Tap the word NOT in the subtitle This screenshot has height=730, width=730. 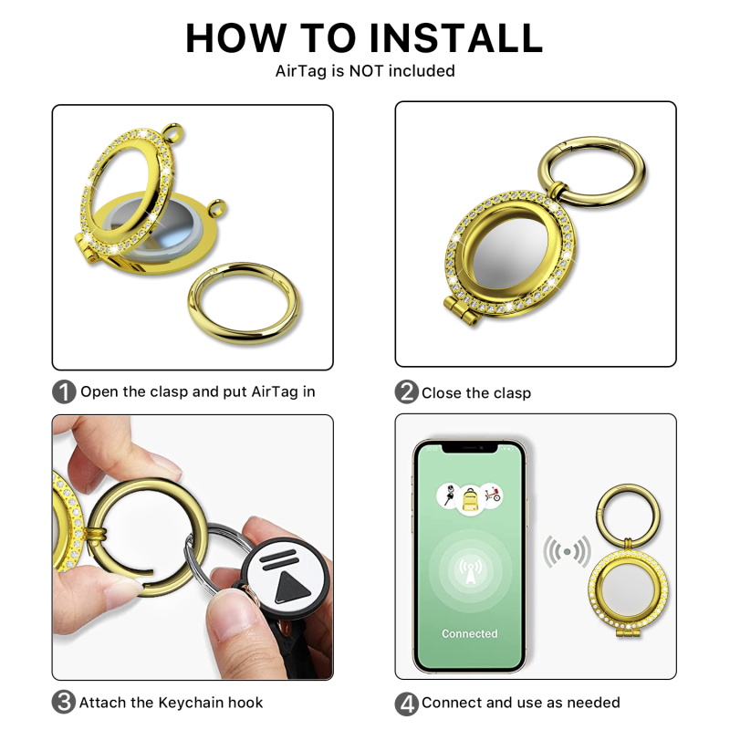click(x=367, y=71)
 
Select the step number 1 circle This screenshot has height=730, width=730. click(x=64, y=392)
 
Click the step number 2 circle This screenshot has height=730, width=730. click(x=406, y=392)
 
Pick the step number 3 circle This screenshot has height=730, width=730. click(x=64, y=702)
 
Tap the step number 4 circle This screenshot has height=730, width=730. click(x=406, y=704)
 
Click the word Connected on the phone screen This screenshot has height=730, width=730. click(x=469, y=633)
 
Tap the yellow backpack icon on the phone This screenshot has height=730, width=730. click(x=470, y=499)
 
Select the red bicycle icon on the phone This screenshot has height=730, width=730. click(x=492, y=494)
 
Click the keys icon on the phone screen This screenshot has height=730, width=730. click(x=449, y=495)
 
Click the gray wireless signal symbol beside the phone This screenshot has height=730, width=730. click(x=567, y=552)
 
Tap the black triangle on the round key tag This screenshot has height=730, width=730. click(x=291, y=588)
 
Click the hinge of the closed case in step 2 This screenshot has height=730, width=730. click(x=461, y=311)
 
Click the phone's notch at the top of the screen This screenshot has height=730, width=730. click(x=470, y=448)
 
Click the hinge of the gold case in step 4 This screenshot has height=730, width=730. click(x=628, y=632)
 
